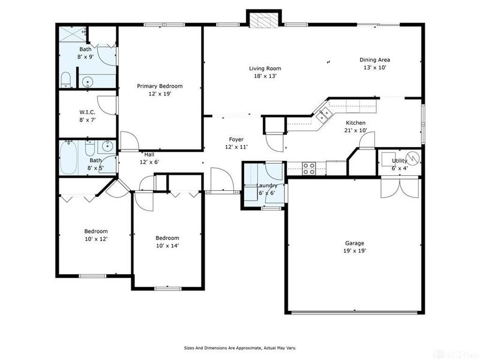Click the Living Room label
(265, 68)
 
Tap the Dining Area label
(375, 59)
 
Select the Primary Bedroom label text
(159, 86)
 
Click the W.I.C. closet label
(88, 112)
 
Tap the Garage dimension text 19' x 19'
(354, 251)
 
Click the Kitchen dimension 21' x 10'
(355, 131)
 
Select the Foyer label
(236, 139)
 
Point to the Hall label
(149, 154)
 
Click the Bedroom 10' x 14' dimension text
(167, 245)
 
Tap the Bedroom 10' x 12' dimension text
(95, 239)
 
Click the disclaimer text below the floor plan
(239, 348)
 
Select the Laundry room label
(266, 186)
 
